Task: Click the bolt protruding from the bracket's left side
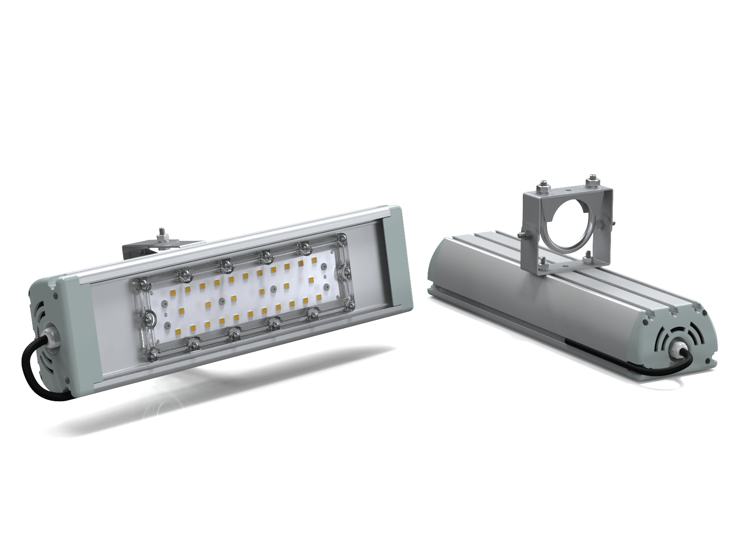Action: click(x=524, y=235)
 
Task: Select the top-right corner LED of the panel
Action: click(x=315, y=261)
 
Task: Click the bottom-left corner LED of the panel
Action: click(x=192, y=328)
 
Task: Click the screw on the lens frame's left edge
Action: click(x=149, y=319)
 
